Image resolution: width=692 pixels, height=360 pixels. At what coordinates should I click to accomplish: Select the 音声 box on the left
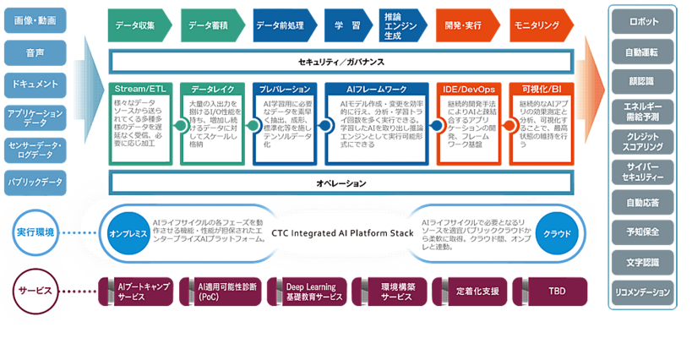[34, 52]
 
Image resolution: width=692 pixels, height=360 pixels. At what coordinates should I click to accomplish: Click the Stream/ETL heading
[139, 88]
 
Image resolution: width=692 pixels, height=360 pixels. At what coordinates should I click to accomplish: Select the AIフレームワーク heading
[372, 88]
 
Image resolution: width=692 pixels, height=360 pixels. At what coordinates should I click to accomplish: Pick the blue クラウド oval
[557, 233]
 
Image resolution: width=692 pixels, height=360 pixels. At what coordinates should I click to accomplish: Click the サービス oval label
[36, 290]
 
